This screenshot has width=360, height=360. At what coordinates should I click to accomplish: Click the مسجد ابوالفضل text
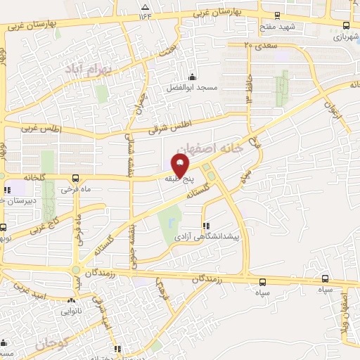coord(192,89)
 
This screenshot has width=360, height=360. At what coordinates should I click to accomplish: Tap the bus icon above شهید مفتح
coord(277,15)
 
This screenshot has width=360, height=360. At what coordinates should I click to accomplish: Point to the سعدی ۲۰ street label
coord(261,45)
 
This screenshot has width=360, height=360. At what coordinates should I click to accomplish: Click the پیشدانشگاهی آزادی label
coord(207,238)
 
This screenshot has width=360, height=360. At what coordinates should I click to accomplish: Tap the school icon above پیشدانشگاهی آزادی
coord(206,226)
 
